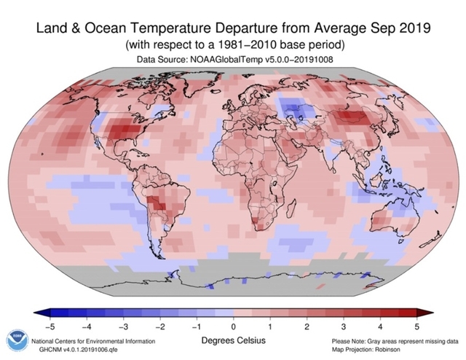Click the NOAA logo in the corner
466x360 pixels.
(x=15, y=340)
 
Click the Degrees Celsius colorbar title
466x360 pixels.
(x=234, y=341)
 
